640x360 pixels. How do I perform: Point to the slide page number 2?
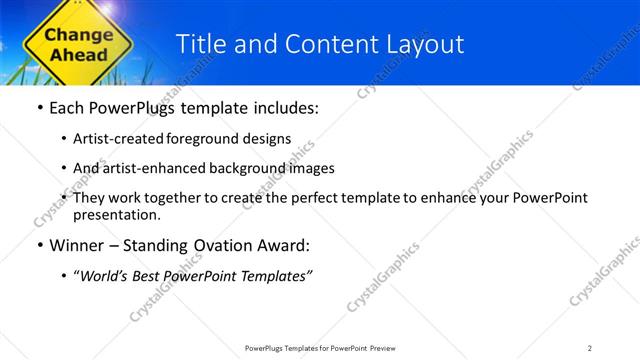[x=590, y=348]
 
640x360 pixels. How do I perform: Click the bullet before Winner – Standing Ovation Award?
[x=38, y=245]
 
